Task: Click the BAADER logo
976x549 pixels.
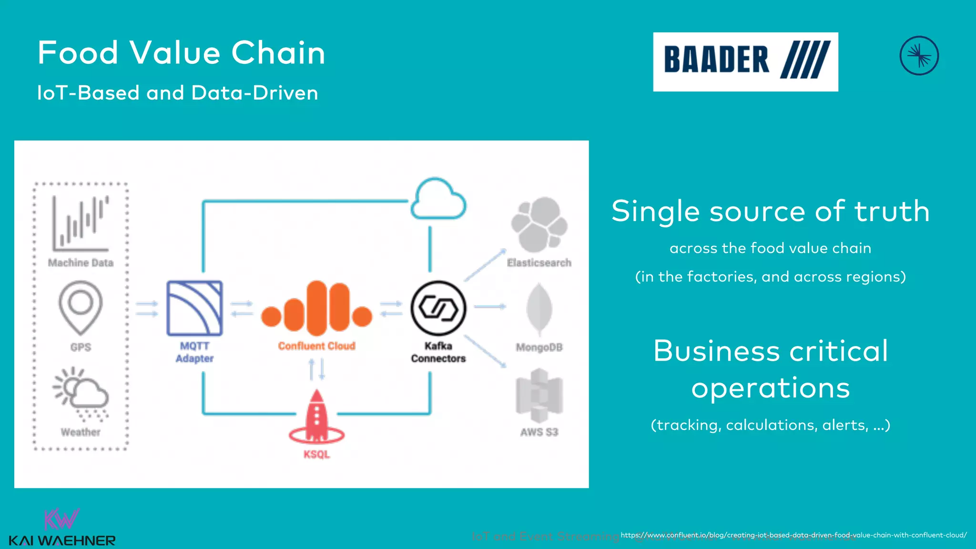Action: point(745,61)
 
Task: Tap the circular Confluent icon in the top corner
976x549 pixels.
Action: point(919,56)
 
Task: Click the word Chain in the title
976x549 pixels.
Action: point(278,52)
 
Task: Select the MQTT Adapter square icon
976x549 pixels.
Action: point(194,308)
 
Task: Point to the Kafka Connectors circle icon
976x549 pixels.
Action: point(438,308)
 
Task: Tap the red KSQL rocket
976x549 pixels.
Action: point(316,417)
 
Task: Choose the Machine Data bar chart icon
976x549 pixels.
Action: point(81,223)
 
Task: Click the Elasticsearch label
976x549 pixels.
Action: point(539,263)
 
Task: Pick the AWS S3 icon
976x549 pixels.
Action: point(539,396)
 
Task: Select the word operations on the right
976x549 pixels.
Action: point(771,387)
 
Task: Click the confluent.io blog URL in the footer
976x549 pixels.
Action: point(793,535)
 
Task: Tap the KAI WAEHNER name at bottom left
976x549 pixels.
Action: point(62,541)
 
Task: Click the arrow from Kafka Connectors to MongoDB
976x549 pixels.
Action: point(490,306)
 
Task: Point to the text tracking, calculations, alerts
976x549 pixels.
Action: point(771,425)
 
